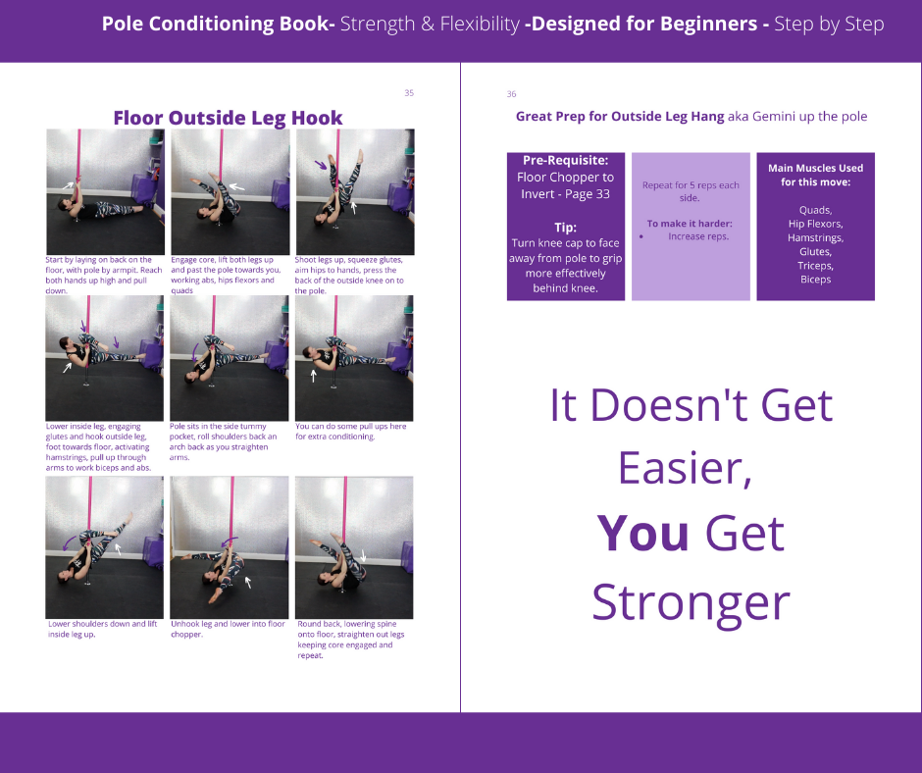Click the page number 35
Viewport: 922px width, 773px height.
coord(409,93)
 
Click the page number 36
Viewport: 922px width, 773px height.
coord(512,94)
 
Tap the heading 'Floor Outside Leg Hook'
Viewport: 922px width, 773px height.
coord(229,118)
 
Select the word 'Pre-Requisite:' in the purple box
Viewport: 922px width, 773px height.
coord(566,160)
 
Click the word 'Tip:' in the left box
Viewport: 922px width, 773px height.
coord(566,228)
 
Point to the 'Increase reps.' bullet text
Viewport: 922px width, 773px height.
coord(698,236)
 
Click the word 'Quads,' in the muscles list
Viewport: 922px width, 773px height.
coord(815,210)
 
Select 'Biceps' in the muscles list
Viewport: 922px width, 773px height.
coord(815,280)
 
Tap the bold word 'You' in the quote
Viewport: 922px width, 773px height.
coord(642,534)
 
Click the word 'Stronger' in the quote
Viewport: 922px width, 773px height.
coord(691,603)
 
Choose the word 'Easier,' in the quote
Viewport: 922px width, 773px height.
coord(685,468)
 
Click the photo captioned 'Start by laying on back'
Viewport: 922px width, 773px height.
coord(105,192)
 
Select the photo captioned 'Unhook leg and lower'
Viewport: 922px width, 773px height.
coord(230,547)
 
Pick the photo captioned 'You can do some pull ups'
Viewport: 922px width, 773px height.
coord(354,358)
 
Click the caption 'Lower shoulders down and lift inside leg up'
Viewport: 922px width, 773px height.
coord(103,629)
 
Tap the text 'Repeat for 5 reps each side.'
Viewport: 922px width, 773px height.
coord(691,192)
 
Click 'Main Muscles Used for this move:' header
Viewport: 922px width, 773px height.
coord(815,176)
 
